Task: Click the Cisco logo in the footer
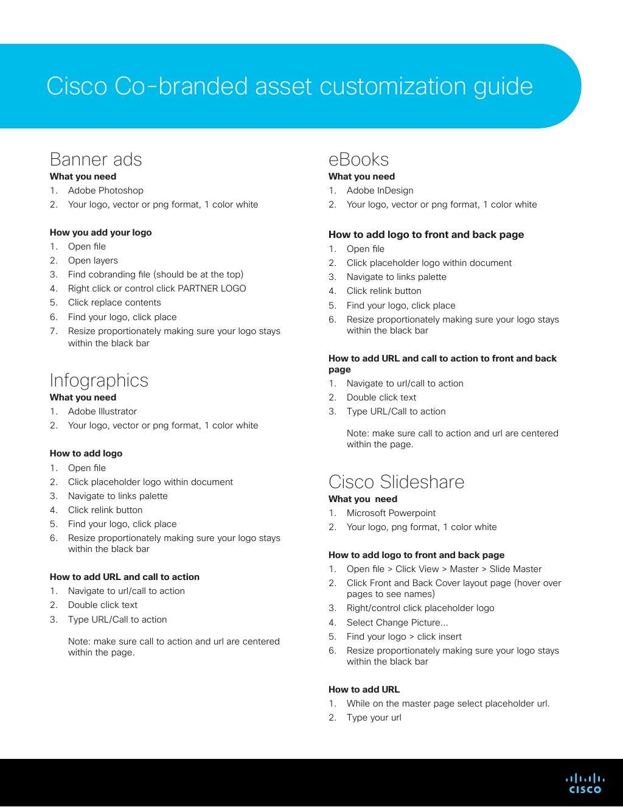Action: pyautogui.click(x=585, y=783)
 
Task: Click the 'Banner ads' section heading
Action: pyautogui.click(x=96, y=159)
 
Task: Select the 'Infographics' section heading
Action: pyautogui.click(x=99, y=380)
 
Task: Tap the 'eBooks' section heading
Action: pyautogui.click(x=358, y=159)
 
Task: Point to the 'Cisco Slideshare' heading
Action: pyautogui.click(x=396, y=482)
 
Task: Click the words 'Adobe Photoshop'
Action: pyautogui.click(x=105, y=190)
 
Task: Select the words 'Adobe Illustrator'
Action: pyautogui.click(x=102, y=411)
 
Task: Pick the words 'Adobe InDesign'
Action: pyautogui.click(x=380, y=190)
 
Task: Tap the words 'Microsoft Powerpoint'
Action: pyautogui.click(x=391, y=513)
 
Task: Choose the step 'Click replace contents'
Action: pyautogui.click(x=114, y=302)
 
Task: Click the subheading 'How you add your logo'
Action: pyautogui.click(x=100, y=232)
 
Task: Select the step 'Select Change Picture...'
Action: pyautogui.click(x=397, y=623)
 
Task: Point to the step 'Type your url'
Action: pyautogui.click(x=374, y=718)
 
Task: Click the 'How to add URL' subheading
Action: pyautogui.click(x=364, y=690)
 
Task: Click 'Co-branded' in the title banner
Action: pyautogui.click(x=181, y=86)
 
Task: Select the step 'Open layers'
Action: pyautogui.click(x=93, y=260)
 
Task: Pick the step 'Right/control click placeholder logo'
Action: pyautogui.click(x=420, y=608)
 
